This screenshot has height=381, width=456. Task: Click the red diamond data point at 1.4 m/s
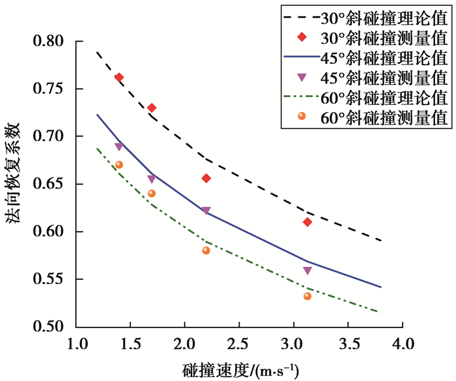pos(119,78)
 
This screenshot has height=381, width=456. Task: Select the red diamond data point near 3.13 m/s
pos(307,222)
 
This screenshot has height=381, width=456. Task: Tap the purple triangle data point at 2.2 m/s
pos(206,210)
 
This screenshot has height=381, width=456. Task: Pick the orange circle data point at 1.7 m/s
pos(152,193)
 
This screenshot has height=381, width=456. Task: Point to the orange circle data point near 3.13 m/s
pos(307,296)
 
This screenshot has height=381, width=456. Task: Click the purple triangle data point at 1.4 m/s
pos(119,146)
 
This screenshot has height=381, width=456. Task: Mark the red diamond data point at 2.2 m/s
pos(206,178)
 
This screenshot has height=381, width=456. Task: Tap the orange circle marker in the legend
pos(301,117)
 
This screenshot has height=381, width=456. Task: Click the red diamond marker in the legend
pos(301,36)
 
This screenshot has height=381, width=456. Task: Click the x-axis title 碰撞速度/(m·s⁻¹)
pos(241,369)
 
